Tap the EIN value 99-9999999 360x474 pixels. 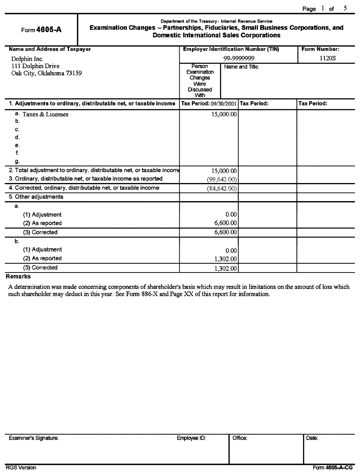pyautogui.click(x=239, y=59)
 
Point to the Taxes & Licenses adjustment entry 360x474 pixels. pyautogui.click(x=45, y=114)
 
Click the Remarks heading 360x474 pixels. pyautogui.click(x=18, y=277)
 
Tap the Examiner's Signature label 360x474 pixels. pyautogui.click(x=34, y=438)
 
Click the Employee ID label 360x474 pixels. pyautogui.click(x=191, y=438)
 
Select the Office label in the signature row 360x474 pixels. pyautogui.click(x=240, y=438)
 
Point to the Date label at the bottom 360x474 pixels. pyautogui.click(x=312, y=438)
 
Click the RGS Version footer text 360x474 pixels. pyautogui.click(x=21, y=468)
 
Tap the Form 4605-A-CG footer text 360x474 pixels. pyautogui.click(x=333, y=468)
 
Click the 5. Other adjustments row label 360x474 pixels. pyautogui.click(x=36, y=197)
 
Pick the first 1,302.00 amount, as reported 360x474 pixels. pyautogui.click(x=226, y=259)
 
